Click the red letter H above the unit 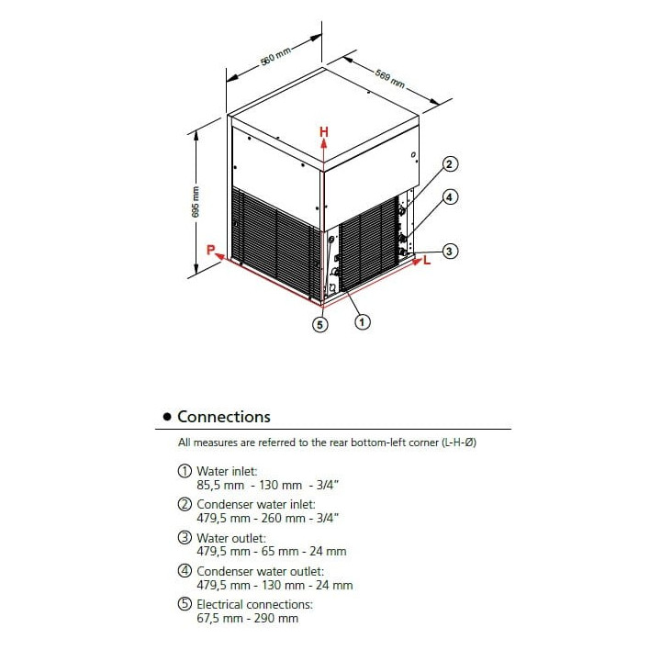click(323, 132)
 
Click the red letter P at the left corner click(211, 250)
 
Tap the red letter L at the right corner click(427, 261)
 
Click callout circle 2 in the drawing click(450, 165)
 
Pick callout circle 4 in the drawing click(450, 196)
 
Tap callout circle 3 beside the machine click(450, 251)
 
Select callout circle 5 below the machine click(320, 323)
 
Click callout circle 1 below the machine click(363, 322)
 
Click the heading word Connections click(224, 417)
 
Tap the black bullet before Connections click(166, 418)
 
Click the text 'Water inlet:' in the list click(220, 471)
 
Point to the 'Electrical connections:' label click(254, 604)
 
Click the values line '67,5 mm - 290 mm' click(247, 618)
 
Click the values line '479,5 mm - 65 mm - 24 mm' click(272, 552)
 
